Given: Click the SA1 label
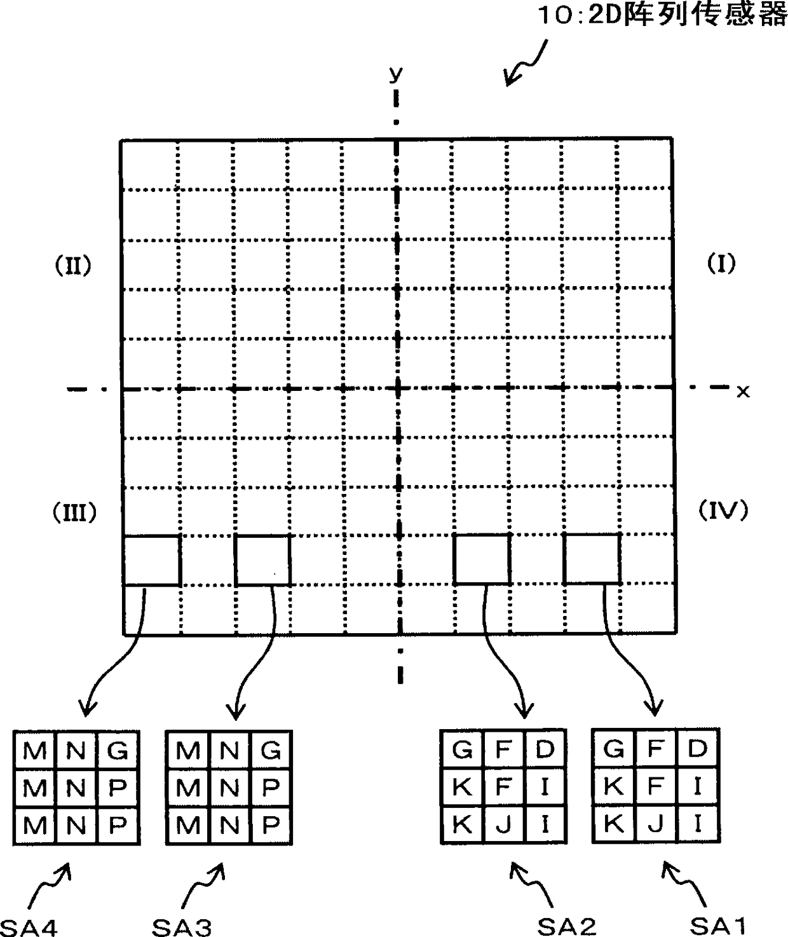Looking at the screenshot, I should tap(718, 926).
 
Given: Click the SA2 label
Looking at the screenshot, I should tap(567, 926).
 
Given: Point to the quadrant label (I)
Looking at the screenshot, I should tap(721, 263).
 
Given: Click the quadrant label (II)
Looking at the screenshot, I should tap(71, 265).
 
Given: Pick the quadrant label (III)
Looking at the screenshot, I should tap(74, 512).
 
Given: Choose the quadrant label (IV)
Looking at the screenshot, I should tap(723, 510).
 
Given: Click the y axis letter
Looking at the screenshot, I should tap(396, 74).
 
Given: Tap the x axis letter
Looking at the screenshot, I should tap(742, 392).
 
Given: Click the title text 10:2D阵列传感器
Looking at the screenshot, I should tap(661, 15).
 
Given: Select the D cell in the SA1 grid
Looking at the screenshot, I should tap(697, 749).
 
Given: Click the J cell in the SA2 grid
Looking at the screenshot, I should tap(503, 824).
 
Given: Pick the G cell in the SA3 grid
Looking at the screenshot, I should tap(271, 751).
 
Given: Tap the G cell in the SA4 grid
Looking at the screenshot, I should tap(118, 751).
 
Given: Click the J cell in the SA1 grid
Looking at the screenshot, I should tap(656, 824).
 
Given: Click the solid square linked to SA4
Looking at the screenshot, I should tap(152, 560).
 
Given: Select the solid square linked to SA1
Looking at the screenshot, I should tap(592, 559).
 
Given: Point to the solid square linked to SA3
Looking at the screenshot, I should tap(262, 560).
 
